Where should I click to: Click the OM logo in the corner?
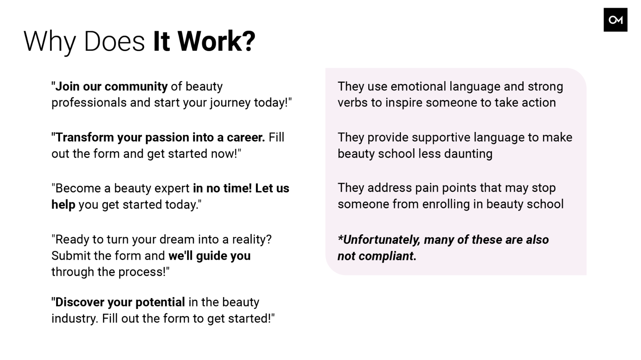(616, 20)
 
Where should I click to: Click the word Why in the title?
(50, 42)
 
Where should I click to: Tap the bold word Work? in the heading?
(216, 41)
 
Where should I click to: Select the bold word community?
(136, 86)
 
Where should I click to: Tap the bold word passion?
(167, 138)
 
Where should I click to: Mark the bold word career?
(246, 137)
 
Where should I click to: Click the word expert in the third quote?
(172, 189)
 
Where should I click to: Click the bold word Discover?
(84, 302)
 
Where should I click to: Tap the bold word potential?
(160, 302)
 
